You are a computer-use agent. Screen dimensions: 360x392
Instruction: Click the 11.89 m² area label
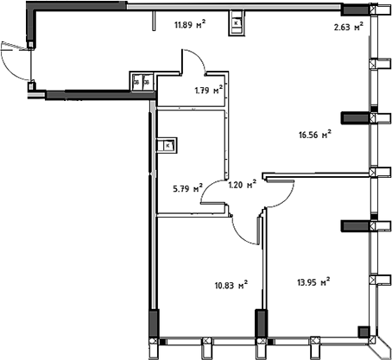[188, 26]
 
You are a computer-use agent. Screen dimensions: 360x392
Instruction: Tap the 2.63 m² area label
[349, 27]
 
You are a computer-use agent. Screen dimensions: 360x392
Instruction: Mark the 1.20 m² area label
[241, 184]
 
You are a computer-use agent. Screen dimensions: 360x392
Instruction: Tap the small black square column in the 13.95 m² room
[364, 329]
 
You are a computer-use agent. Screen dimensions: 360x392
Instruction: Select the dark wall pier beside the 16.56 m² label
[354, 117]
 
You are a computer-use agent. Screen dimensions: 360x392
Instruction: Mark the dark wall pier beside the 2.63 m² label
[354, 10]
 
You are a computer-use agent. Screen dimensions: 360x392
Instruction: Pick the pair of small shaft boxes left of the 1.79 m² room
[141, 81]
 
